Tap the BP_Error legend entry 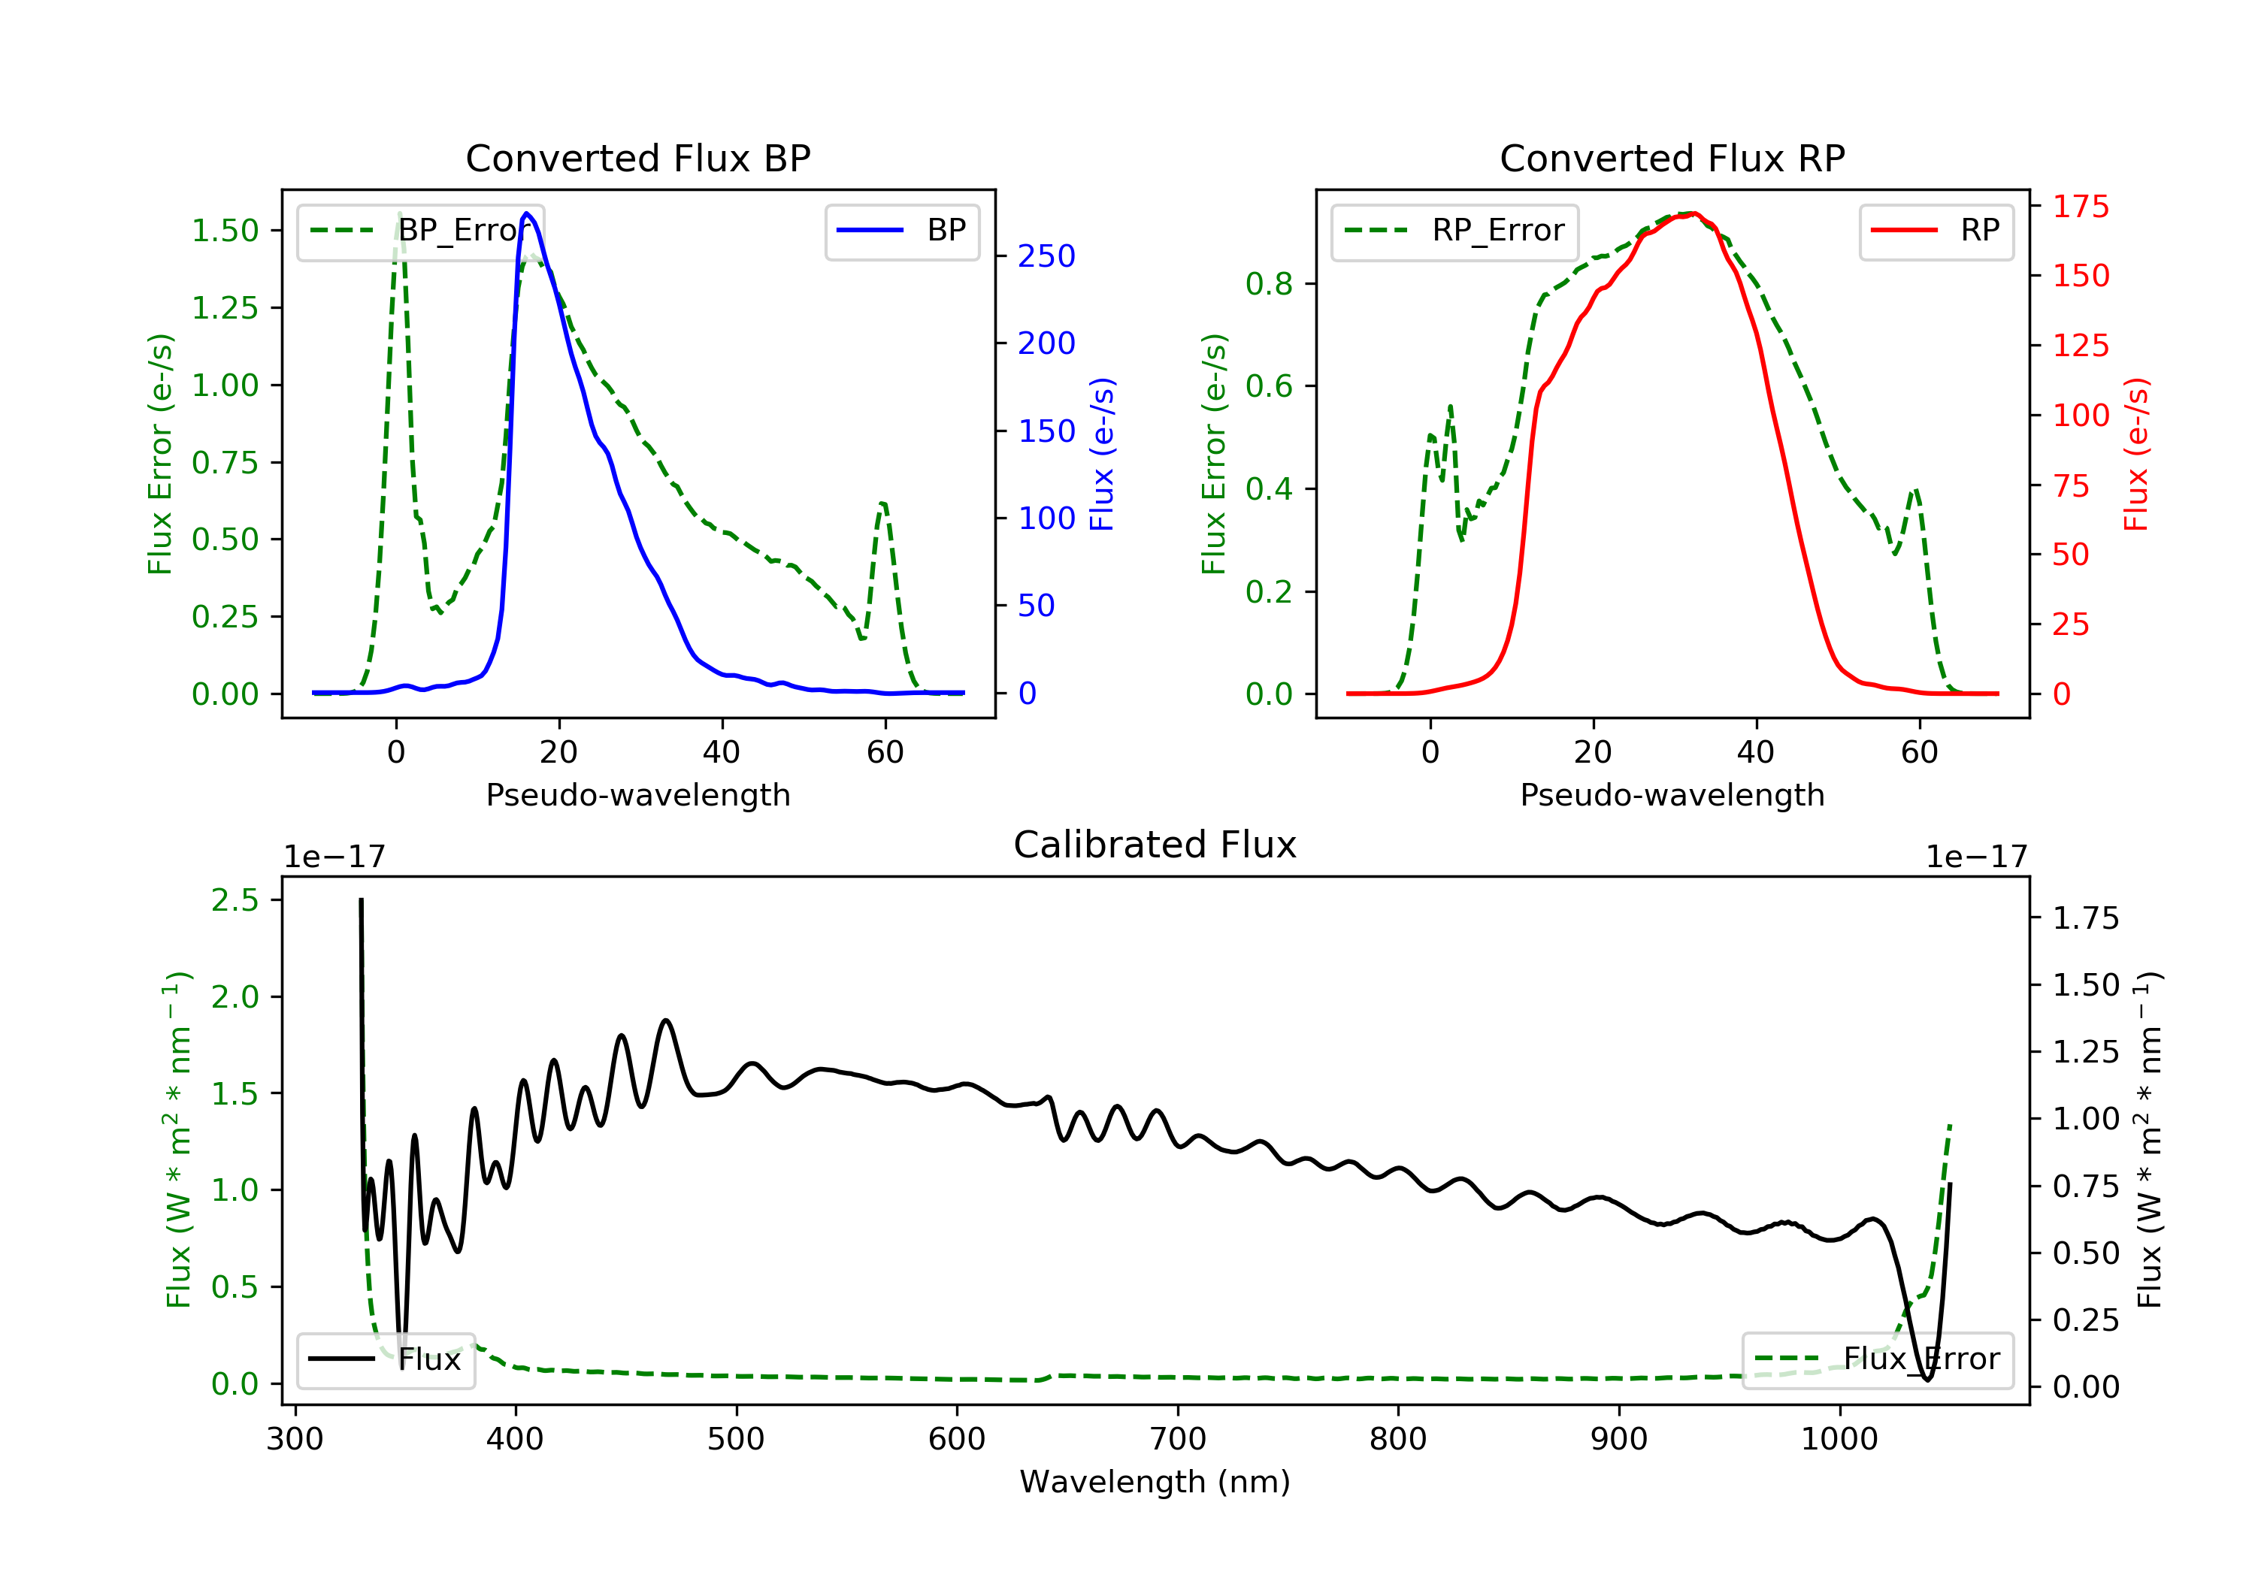pyautogui.click(x=420, y=231)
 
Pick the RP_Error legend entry pyautogui.click(x=1454, y=231)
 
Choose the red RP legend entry pyautogui.click(x=1936, y=231)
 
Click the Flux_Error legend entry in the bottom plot pyautogui.click(x=1877, y=1359)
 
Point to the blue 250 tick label pyautogui.click(x=1046, y=256)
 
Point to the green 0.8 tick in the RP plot pyautogui.click(x=1268, y=284)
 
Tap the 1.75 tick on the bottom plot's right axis pyautogui.click(x=2085, y=919)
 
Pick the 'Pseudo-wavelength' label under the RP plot pyautogui.click(x=1672, y=795)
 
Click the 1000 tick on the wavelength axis pyautogui.click(x=1839, y=1440)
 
